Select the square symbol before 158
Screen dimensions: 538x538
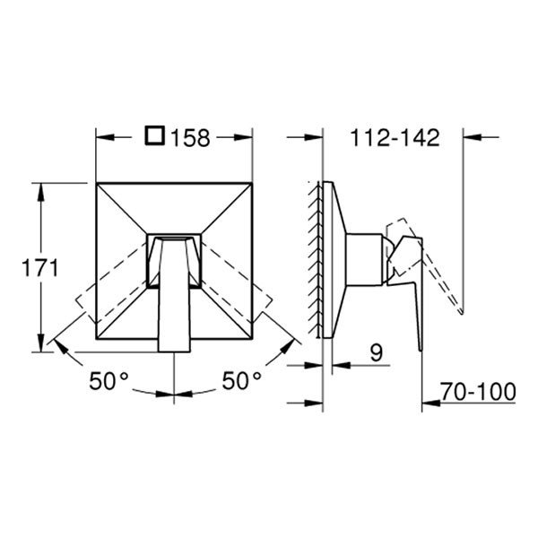pyautogui.click(x=155, y=137)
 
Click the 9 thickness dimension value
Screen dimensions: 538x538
pyautogui.click(x=376, y=353)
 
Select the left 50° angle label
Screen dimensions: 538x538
pyautogui.click(x=108, y=381)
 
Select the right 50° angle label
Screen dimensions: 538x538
pyautogui.click(x=241, y=381)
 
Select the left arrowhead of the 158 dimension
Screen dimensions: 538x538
pyautogui.click(x=104, y=137)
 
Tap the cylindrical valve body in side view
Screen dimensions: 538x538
pyautogui.click(x=365, y=260)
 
